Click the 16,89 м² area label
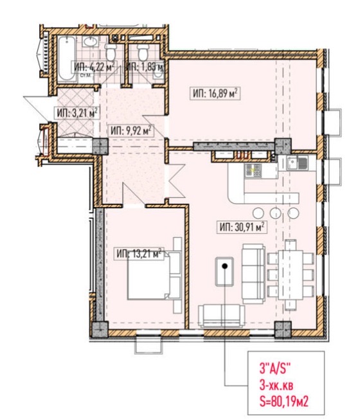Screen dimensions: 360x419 point(215,93)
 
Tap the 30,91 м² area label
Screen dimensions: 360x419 point(242,227)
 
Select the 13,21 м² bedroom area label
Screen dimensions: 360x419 point(139,253)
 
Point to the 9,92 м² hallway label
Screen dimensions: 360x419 point(131,130)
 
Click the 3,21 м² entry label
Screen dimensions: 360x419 point(76,112)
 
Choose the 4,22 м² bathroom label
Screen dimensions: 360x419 point(94,67)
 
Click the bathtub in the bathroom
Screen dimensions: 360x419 point(67,58)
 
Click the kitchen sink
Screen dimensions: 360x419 point(297,163)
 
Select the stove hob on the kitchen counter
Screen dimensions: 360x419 point(253,171)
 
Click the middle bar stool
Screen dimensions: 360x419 point(276,213)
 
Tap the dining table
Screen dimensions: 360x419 point(291,274)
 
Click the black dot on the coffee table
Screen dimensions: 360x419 point(224,266)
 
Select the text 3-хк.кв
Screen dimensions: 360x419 point(276,386)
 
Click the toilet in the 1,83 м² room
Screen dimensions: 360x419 point(143,52)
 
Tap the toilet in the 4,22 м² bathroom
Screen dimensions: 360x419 point(111,52)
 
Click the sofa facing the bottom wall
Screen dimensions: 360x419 point(221,316)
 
